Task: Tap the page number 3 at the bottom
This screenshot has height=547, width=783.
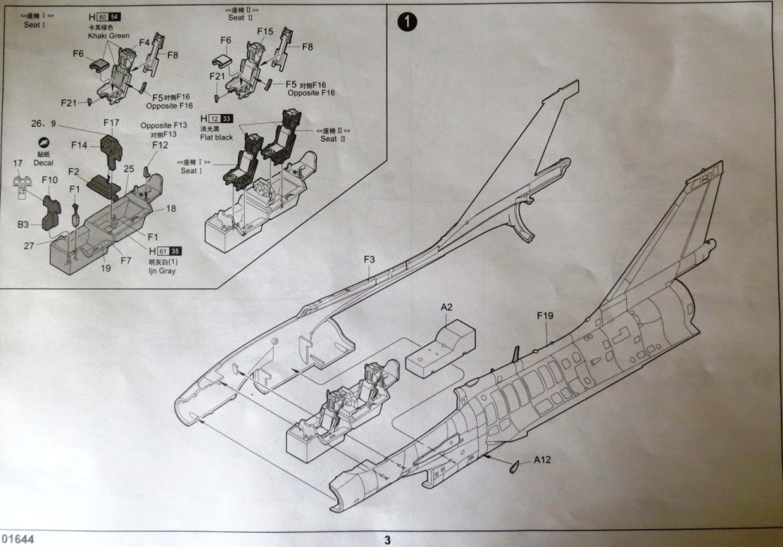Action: (x=387, y=539)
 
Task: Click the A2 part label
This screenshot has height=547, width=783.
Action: (x=447, y=306)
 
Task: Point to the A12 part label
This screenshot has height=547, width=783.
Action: (x=544, y=460)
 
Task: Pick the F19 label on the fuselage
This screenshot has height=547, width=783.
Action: (x=546, y=316)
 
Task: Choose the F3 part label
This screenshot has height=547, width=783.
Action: (x=369, y=260)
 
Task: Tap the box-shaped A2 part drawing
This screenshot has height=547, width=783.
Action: (x=441, y=349)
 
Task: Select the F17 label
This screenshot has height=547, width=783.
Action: (x=111, y=122)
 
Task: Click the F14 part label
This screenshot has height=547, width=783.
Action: (x=80, y=144)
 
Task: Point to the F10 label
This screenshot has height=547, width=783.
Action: (x=50, y=180)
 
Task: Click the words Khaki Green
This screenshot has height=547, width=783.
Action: (x=110, y=36)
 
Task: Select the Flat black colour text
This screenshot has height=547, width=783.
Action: (x=217, y=137)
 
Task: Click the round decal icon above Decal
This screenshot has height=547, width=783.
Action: (x=43, y=143)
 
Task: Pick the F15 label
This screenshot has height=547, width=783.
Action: (x=265, y=32)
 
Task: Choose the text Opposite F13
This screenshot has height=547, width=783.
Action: (x=163, y=125)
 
